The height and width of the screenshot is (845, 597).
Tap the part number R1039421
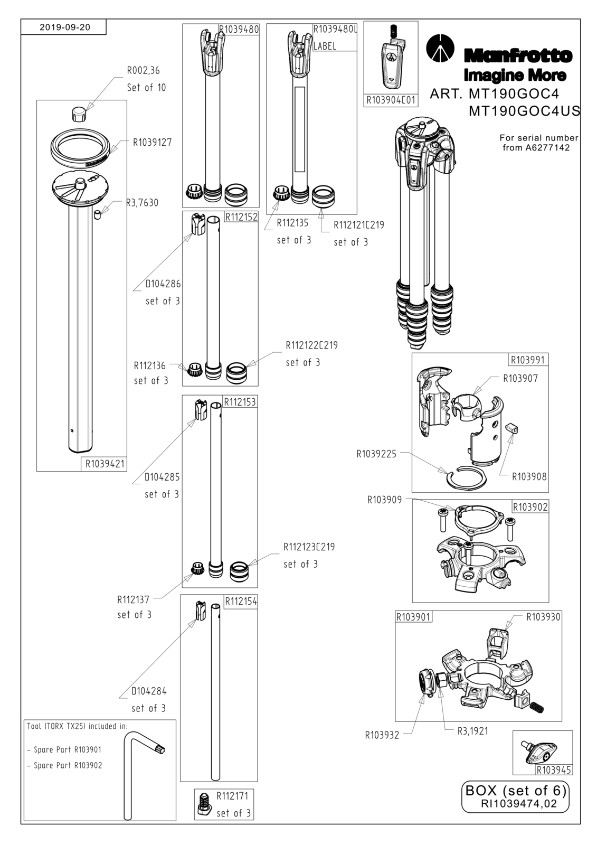[105, 464]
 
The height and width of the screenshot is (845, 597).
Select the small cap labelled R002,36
[79, 114]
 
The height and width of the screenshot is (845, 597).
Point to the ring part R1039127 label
[152, 142]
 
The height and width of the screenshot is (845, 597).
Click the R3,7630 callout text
[142, 203]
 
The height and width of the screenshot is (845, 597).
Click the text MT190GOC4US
[524, 111]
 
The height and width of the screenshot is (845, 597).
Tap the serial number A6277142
[547, 148]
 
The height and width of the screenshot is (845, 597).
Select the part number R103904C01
[391, 100]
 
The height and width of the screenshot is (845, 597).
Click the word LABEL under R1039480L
[325, 46]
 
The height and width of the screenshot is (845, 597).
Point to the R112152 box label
[241, 217]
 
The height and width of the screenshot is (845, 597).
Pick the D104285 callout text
[162, 477]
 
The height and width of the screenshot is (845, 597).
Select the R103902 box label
[530, 506]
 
